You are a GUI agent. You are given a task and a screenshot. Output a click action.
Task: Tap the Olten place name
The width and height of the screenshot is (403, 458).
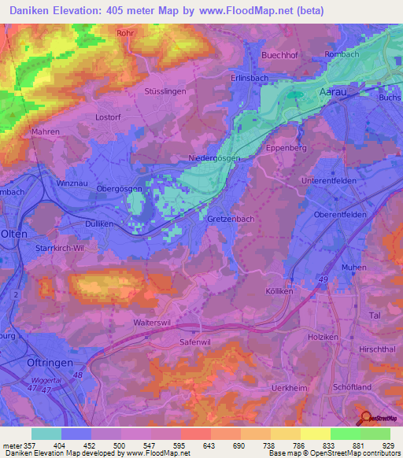[15, 235]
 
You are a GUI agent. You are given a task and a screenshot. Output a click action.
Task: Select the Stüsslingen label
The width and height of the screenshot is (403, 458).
[164, 91]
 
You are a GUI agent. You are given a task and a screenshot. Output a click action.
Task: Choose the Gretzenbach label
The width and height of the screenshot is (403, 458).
[231, 219]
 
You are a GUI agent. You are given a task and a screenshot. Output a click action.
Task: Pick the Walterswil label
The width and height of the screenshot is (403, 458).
[152, 323]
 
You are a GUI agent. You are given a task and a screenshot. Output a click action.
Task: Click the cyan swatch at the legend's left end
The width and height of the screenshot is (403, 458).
[46, 434]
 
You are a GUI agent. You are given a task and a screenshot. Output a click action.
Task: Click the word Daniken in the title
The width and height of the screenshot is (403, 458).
[24, 11]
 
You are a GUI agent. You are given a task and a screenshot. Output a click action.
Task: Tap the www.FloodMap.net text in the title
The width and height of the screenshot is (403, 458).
[243, 11]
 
